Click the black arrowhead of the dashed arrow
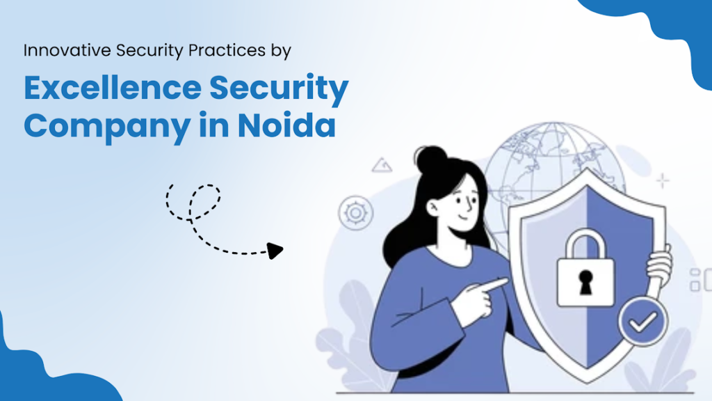point(276,251)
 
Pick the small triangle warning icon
point(382,166)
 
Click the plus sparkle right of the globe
point(663,182)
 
